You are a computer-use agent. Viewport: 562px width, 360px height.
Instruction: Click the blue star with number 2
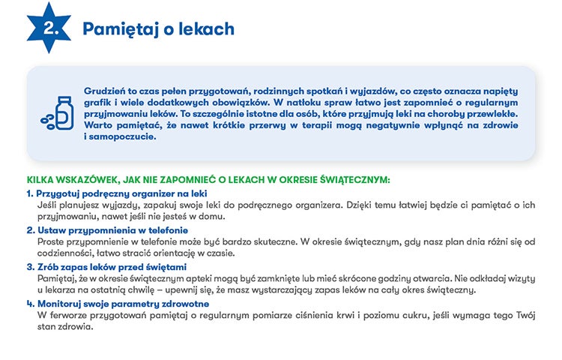tap(51, 28)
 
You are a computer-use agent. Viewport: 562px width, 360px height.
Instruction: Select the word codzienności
tap(64, 253)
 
